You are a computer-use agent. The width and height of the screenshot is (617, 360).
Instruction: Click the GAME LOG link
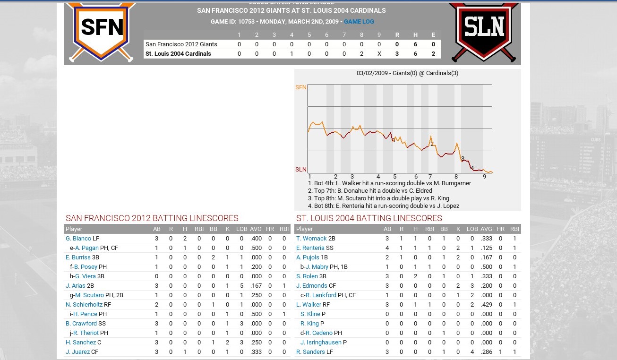359,22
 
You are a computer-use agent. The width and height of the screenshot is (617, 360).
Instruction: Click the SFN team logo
102,30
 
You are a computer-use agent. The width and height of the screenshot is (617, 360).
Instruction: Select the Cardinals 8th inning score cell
361,54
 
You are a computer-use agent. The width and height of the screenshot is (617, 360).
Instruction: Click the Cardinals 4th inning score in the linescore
291,54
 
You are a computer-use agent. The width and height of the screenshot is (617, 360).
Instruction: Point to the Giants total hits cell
415,44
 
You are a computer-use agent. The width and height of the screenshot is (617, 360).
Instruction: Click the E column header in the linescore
433,35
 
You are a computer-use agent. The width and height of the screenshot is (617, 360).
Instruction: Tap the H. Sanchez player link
81,343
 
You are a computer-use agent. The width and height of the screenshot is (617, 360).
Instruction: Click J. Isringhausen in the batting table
324,343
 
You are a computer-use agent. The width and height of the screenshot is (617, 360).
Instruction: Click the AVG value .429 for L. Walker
486,305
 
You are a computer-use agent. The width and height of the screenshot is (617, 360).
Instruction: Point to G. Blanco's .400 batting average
256,239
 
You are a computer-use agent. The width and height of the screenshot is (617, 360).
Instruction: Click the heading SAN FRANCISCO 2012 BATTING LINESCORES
152,218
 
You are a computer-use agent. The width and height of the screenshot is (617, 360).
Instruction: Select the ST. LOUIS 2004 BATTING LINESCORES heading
369,218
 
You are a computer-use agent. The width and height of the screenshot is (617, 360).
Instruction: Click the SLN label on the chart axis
300,170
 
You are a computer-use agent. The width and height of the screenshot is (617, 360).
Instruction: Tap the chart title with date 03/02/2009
407,73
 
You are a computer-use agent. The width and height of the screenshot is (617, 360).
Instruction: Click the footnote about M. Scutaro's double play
378,198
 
